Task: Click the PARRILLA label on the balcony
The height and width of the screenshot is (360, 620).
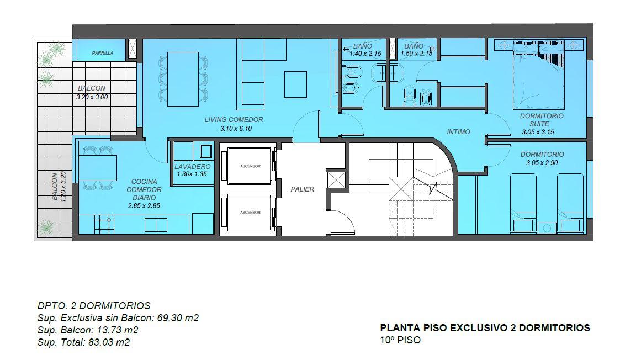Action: coord(102,53)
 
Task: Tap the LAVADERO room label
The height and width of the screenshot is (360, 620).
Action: coord(193,167)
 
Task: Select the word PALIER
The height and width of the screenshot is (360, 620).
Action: coord(303,189)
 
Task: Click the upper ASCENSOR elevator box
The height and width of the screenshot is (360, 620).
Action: coord(250,166)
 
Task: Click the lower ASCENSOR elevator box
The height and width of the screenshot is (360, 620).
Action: coord(250,213)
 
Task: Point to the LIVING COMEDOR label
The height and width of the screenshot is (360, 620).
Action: coord(234,119)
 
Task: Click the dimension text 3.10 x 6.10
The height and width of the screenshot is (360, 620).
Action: coord(236,129)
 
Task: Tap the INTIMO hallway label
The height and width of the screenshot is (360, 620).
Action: coord(458,132)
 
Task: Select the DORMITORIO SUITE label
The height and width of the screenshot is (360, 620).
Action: coord(541,120)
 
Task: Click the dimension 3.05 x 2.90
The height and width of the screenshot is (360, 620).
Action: coord(542,163)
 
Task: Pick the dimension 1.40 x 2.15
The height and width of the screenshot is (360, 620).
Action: coord(365,54)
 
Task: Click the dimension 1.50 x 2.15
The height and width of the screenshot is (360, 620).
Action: coord(416,54)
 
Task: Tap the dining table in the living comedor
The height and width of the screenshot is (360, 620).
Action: coord(183,79)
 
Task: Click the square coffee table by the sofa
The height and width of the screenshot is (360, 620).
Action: coord(295,84)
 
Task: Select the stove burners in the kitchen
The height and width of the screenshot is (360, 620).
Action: coord(105,224)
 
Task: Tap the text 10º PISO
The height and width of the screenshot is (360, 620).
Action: coord(400,340)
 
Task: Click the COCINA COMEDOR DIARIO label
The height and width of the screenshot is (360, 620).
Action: coord(144,190)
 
